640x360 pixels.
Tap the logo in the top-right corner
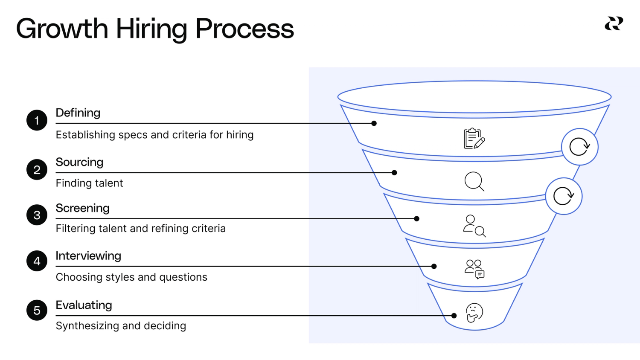pos(614,23)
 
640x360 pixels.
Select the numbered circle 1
pos(37,120)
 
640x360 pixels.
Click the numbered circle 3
pos(37,215)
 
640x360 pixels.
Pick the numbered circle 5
pos(37,310)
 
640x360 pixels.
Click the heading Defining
pos(78,113)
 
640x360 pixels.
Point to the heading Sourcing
pos(79,162)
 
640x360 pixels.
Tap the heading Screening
pos(83,208)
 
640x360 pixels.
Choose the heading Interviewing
pos(88,256)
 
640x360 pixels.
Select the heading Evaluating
pos(84,305)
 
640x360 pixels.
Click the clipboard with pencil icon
pos(474,138)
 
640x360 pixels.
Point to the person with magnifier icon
pos(474,226)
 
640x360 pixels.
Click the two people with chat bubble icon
pos(474,269)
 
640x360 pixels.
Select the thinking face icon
pos(474,313)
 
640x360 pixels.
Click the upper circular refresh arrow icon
pos(580,147)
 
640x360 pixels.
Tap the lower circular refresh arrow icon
pos(564,196)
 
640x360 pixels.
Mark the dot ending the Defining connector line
pos(374,123)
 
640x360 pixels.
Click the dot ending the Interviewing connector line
pos(434,266)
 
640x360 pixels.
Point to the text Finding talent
pos(90,183)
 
